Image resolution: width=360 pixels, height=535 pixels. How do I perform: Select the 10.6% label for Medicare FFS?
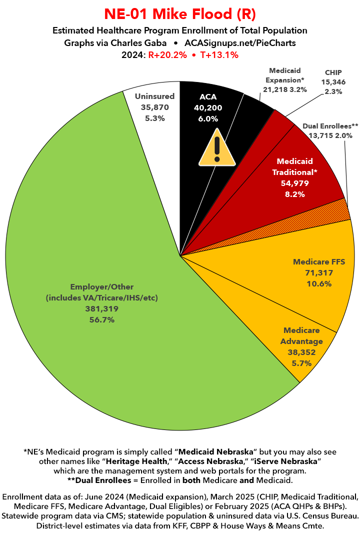[x=319, y=283]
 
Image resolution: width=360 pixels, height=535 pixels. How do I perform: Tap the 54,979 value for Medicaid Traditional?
[x=295, y=183]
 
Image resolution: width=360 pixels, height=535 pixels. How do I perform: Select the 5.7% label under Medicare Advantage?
[x=301, y=363]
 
